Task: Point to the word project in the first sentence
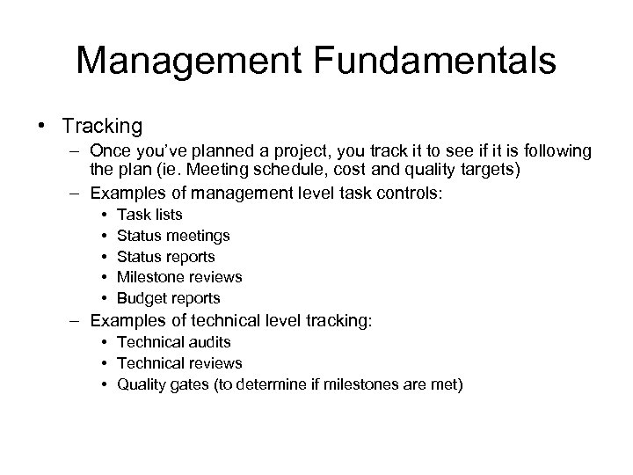pyautogui.click(x=301, y=152)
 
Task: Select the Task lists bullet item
pyautogui.click(x=149, y=214)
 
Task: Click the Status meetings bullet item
pyautogui.click(x=173, y=235)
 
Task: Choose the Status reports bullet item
pyautogui.click(x=165, y=256)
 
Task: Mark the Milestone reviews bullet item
pyautogui.click(x=179, y=277)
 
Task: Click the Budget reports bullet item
pyautogui.click(x=168, y=298)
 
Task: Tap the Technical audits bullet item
pyautogui.click(x=173, y=341)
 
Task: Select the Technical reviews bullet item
pyautogui.click(x=179, y=362)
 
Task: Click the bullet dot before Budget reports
pyautogui.click(x=105, y=298)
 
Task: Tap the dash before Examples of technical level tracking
pyautogui.click(x=77, y=320)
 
